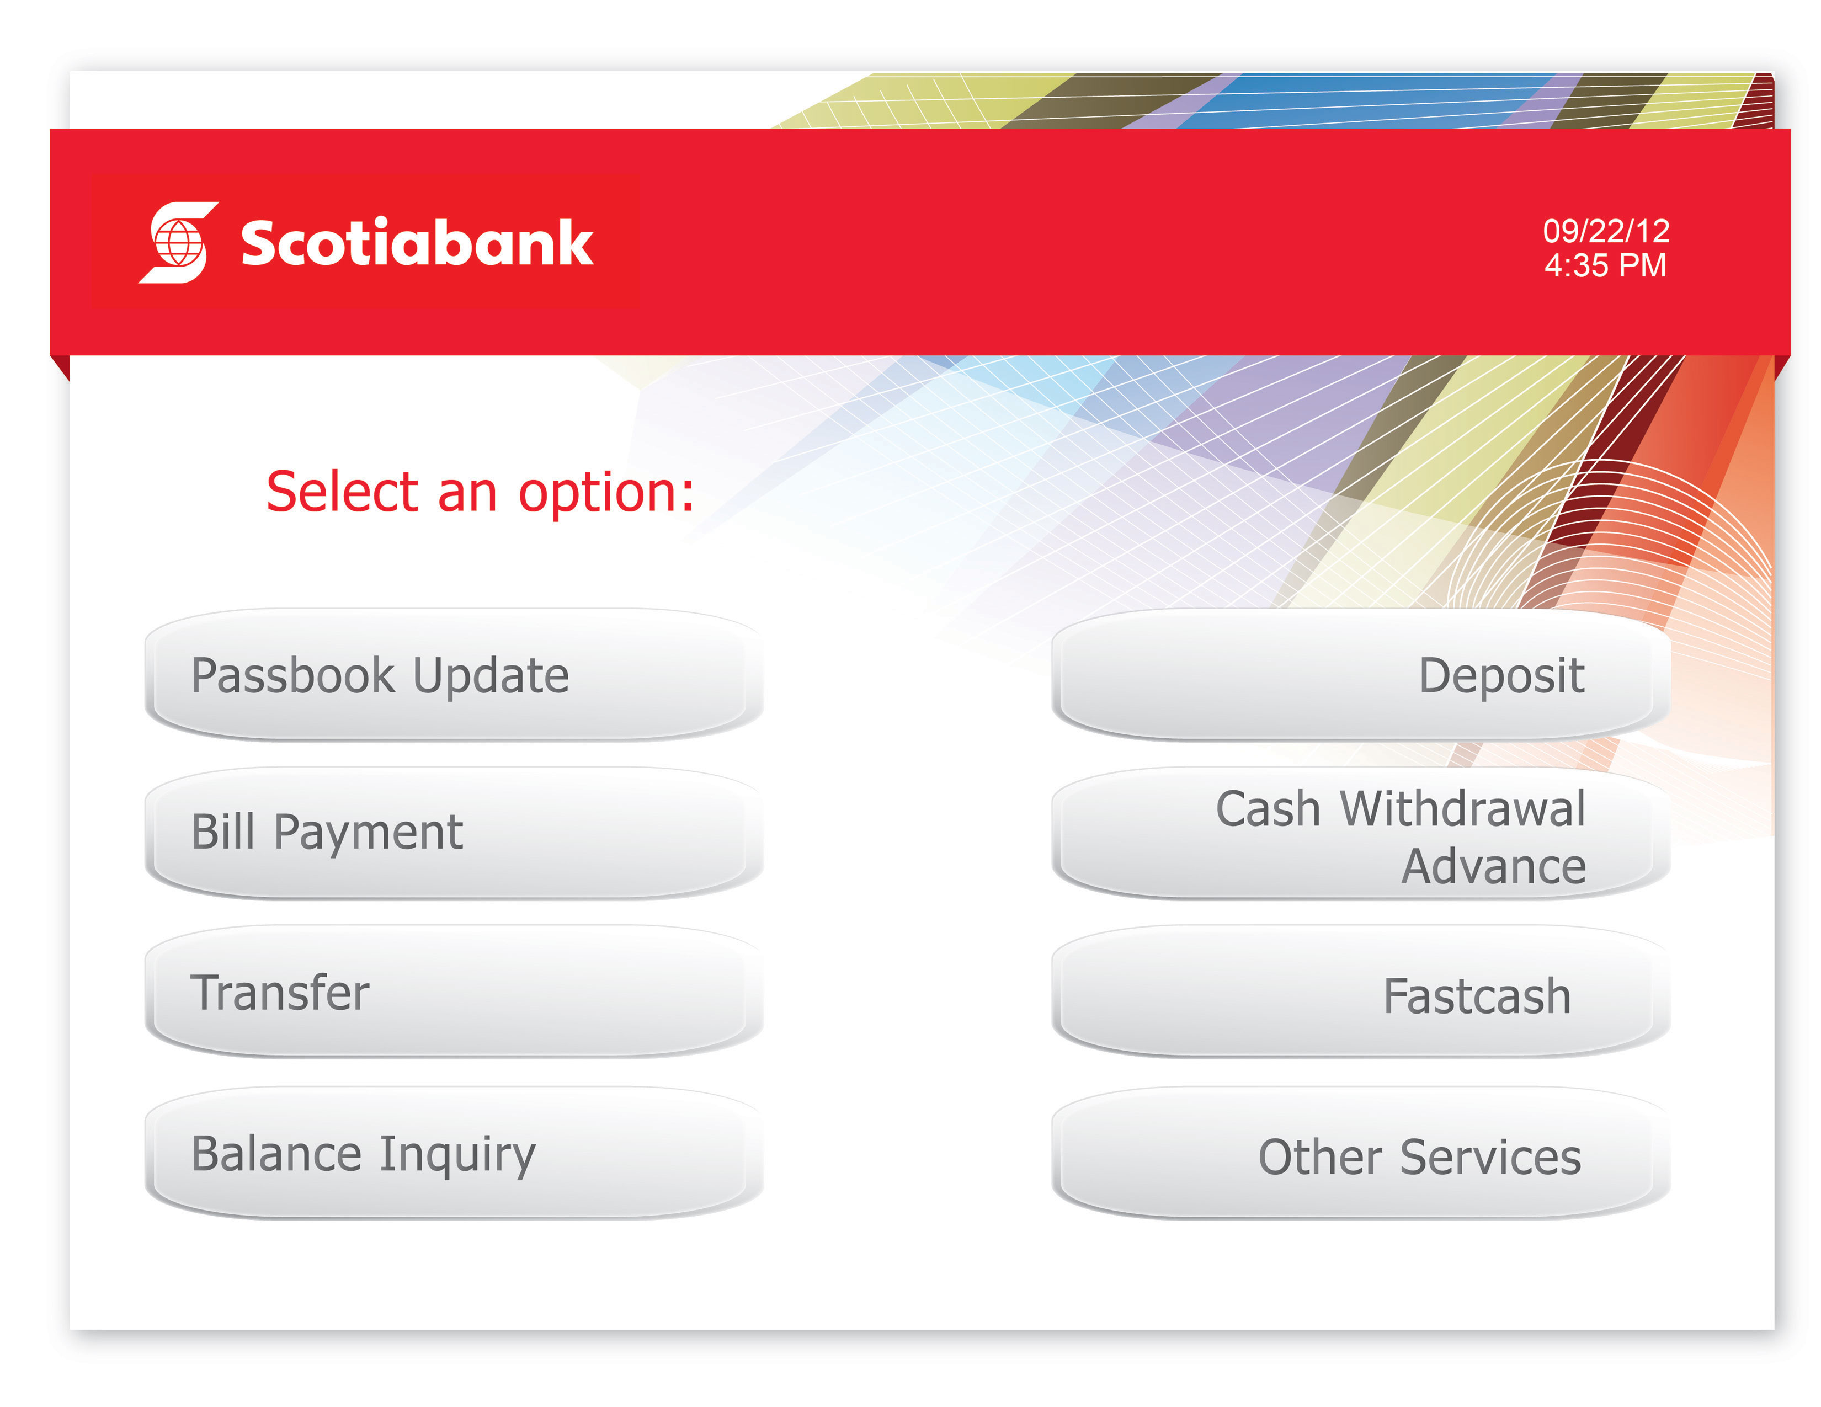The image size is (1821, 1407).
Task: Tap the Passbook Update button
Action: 454,675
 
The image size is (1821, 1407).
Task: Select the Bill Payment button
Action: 454,833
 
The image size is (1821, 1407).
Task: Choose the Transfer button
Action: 454,992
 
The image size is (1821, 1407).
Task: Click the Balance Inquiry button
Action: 454,1154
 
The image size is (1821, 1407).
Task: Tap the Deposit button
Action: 1361,675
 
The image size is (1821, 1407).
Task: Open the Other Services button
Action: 1361,1155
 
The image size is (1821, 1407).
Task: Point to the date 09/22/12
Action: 1606,231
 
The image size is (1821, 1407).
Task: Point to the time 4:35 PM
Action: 1605,265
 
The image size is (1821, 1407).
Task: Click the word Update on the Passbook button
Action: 491,675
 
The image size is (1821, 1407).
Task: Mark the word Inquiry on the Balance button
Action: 458,1155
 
